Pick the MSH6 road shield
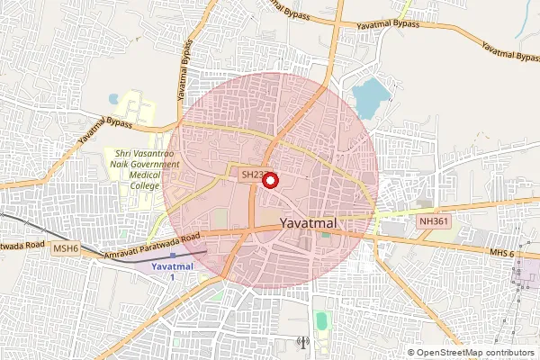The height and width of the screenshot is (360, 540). click(66, 247)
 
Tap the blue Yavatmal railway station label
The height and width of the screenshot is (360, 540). click(172, 267)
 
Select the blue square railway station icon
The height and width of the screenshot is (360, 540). click(172, 256)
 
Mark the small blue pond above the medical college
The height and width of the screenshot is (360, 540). click(113, 98)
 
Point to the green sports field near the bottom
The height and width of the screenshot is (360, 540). click(321, 321)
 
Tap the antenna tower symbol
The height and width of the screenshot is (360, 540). click(302, 342)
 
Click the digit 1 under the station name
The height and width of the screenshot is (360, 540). click(172, 279)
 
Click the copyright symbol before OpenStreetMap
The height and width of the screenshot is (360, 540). click(411, 352)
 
